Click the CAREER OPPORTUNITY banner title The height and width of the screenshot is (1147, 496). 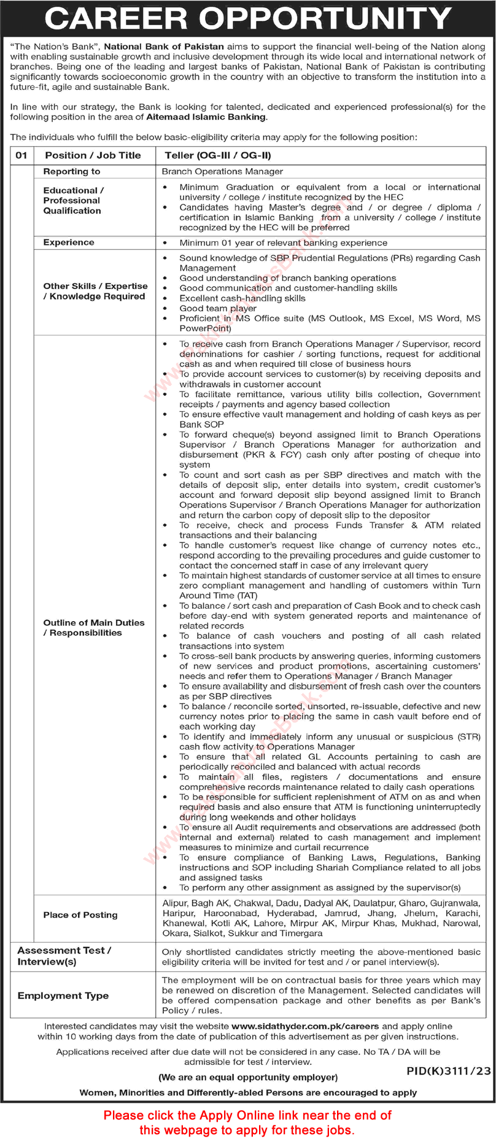pos(248,18)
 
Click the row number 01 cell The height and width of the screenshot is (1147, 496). pos(21,155)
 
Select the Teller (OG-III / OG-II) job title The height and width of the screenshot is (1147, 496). pos(218,155)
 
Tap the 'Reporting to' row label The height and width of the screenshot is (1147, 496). pos(72,171)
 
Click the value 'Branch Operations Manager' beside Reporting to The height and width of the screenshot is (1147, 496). pos(222,171)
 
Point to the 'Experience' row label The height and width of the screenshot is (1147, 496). pos(69,242)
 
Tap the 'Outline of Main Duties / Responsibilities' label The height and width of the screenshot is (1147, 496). pos(94,627)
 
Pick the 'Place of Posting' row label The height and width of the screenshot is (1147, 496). pos(80,914)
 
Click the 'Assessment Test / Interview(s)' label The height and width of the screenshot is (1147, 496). pos(64,956)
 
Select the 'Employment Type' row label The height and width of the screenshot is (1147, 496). pos(63,995)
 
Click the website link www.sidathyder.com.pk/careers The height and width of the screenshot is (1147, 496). pos(306,1026)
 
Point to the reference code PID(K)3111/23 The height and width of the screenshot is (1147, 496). pos(449,1071)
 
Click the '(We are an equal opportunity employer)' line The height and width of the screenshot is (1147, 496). pos(248,1077)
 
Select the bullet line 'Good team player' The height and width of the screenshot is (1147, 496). pos(218,308)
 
